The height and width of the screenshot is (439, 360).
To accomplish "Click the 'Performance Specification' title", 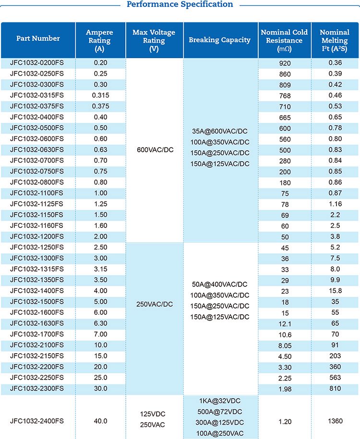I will coord(180,5).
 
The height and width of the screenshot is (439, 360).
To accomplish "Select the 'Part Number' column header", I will coord(38,38).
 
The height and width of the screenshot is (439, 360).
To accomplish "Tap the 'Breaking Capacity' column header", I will coord(220,40).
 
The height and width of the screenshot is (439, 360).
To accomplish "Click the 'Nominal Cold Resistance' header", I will coord(284,40).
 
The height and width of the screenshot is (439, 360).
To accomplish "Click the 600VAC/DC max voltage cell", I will coord(155,150).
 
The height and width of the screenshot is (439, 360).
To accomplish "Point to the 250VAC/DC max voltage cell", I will coord(155,304).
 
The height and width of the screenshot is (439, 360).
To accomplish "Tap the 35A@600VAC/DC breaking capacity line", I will coord(220,131).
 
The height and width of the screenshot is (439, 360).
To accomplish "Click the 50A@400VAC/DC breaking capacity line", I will coord(220,285).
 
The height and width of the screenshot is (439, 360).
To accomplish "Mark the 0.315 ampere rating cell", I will coord(100,95).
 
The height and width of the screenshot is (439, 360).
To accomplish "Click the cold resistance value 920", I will coord(285,63).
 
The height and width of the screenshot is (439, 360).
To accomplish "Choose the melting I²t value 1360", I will coord(335,421).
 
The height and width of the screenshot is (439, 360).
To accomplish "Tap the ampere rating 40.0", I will coord(100,421).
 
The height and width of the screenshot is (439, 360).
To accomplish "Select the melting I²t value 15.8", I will coord(335,291).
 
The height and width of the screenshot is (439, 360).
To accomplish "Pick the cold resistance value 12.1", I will coord(285,324).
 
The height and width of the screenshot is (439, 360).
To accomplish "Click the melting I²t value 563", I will coord(335,378).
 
